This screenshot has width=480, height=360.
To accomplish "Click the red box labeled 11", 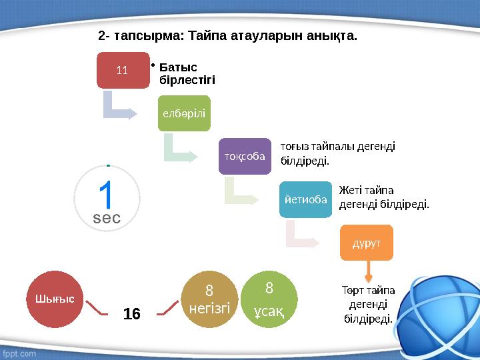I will [x=123, y=70].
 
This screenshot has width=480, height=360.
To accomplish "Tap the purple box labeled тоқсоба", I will [x=245, y=157].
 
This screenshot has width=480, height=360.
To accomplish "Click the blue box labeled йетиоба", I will [x=305, y=199].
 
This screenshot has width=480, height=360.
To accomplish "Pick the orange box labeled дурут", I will [x=367, y=243].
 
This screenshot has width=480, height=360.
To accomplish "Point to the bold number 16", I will [x=132, y=313].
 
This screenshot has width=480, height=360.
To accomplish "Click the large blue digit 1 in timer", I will [x=107, y=193].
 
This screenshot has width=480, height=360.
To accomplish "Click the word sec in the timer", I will [x=107, y=217].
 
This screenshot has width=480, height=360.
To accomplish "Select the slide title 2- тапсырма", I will [x=227, y=35].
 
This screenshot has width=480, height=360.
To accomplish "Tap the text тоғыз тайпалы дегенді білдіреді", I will [x=337, y=153].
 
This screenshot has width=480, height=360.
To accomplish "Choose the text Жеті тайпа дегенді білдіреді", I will [x=383, y=197].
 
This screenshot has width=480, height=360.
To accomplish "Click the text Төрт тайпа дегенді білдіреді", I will [x=367, y=304].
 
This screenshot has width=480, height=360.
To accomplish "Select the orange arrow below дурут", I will [x=367, y=271].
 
